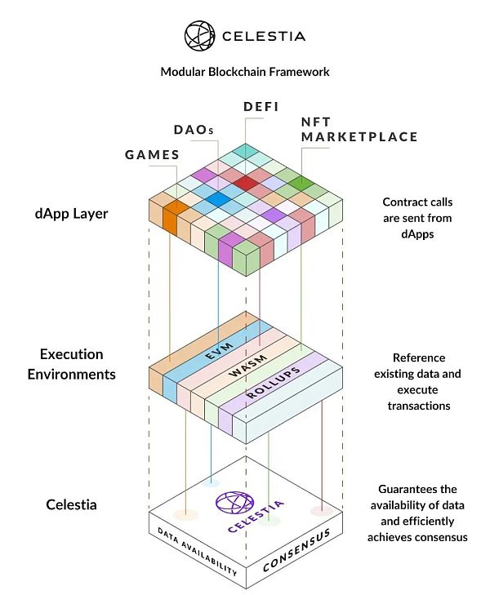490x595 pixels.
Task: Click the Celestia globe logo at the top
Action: pyautogui.click(x=199, y=36)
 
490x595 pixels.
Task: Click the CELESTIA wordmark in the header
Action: pyautogui.click(x=261, y=36)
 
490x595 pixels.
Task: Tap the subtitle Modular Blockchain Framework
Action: pyautogui.click(x=245, y=72)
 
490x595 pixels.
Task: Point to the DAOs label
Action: pyautogui.click(x=195, y=130)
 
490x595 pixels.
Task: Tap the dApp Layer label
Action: pyautogui.click(x=72, y=214)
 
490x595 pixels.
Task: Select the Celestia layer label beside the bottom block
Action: pyautogui.click(x=71, y=504)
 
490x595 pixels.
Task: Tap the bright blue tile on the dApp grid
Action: pyautogui.click(x=218, y=198)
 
